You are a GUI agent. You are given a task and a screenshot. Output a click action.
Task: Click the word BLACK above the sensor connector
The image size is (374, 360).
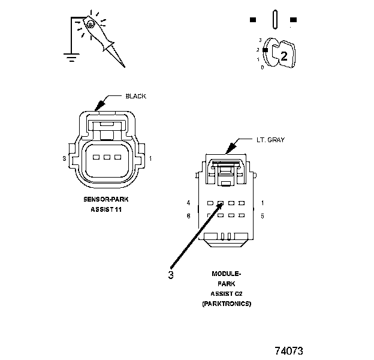coord(135,96)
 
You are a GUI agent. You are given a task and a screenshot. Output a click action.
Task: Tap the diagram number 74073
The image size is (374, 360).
coord(289,350)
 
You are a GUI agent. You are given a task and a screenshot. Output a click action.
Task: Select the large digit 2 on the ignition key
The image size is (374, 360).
coord(284,56)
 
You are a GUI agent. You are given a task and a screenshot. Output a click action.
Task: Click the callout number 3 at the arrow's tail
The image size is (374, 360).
coord(171,275)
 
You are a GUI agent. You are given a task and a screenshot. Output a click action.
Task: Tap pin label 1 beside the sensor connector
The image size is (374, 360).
coord(150,158)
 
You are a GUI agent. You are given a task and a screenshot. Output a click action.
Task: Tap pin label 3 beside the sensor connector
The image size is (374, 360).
coord(64,158)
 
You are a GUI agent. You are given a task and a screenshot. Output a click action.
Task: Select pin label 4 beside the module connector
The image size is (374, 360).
coord(188,203)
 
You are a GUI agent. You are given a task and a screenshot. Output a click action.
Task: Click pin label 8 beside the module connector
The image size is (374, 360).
coord(188,215)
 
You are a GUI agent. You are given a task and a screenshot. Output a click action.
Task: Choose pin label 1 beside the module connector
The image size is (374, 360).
coord(263,203)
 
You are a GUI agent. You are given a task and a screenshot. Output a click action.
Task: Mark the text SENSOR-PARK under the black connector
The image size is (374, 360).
coord(105,199)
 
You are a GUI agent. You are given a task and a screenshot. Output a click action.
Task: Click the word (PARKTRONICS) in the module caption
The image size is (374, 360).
coord(226,304)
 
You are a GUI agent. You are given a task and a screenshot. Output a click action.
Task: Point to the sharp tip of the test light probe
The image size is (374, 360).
coord(125,66)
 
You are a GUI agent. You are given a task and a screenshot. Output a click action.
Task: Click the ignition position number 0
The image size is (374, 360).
coord(262,67)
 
